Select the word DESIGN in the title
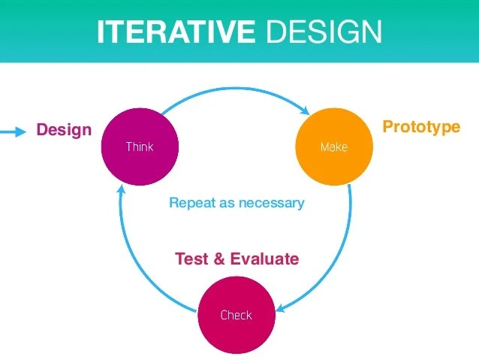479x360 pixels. (x=324, y=32)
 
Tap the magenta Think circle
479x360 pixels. (x=140, y=146)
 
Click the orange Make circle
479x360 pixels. (x=333, y=147)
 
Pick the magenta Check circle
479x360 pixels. (x=236, y=315)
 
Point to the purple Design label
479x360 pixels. (x=64, y=130)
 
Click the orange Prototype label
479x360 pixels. (x=421, y=126)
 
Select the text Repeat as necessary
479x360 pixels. (x=236, y=203)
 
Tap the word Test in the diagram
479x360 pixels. (x=191, y=259)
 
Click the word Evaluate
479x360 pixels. (x=264, y=259)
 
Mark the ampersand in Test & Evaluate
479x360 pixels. (x=218, y=259)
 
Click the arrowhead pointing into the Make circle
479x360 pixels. (x=306, y=109)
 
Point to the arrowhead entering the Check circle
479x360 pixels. (x=281, y=307)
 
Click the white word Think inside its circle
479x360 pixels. (x=140, y=147)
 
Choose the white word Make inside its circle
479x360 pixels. (x=333, y=147)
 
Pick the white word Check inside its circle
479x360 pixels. (x=236, y=316)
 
